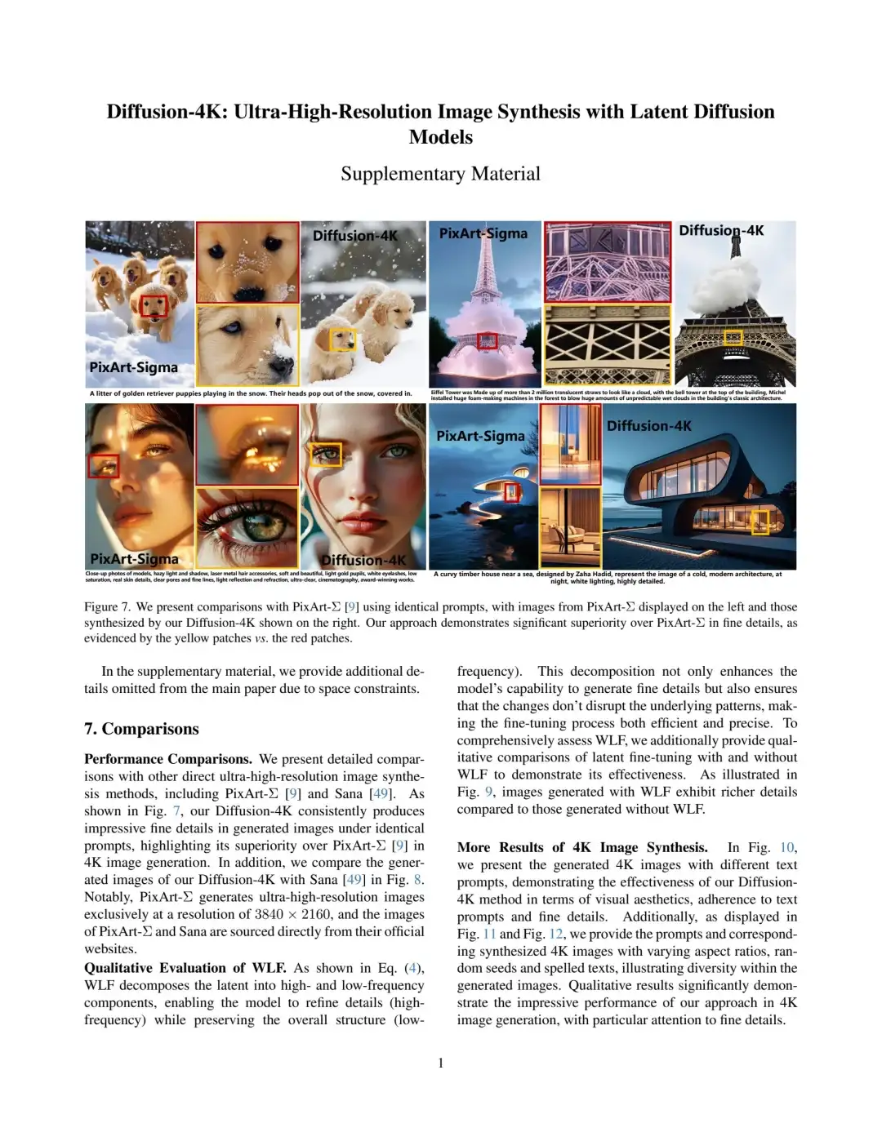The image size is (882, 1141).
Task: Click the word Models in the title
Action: pyautogui.click(x=440, y=137)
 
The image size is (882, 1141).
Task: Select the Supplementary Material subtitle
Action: pyautogui.click(x=440, y=174)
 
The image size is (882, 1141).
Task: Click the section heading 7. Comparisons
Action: pyautogui.click(x=141, y=729)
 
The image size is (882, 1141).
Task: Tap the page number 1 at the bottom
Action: pyautogui.click(x=441, y=1063)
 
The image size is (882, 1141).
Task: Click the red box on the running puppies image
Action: pyautogui.click(x=154, y=306)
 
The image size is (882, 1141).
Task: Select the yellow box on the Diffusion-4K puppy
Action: pyautogui.click(x=343, y=340)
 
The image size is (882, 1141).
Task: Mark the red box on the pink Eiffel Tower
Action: pyautogui.click(x=487, y=340)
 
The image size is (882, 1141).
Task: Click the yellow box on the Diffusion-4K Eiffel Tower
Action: pyautogui.click(x=733, y=336)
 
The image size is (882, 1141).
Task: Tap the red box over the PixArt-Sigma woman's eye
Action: pyautogui.click(x=104, y=466)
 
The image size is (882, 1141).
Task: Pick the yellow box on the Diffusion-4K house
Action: pyautogui.click(x=759, y=521)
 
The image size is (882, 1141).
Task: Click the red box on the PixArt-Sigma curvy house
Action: pyautogui.click(x=511, y=491)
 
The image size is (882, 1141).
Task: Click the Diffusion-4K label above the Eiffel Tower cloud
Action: pyautogui.click(x=721, y=231)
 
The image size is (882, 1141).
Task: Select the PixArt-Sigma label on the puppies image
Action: pyautogui.click(x=133, y=367)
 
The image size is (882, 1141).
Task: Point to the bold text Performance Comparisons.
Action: pyautogui.click(x=168, y=759)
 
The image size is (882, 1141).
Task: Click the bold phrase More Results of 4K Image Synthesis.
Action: pyautogui.click(x=582, y=847)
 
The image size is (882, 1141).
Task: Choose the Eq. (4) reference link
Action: pyautogui.click(x=403, y=968)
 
